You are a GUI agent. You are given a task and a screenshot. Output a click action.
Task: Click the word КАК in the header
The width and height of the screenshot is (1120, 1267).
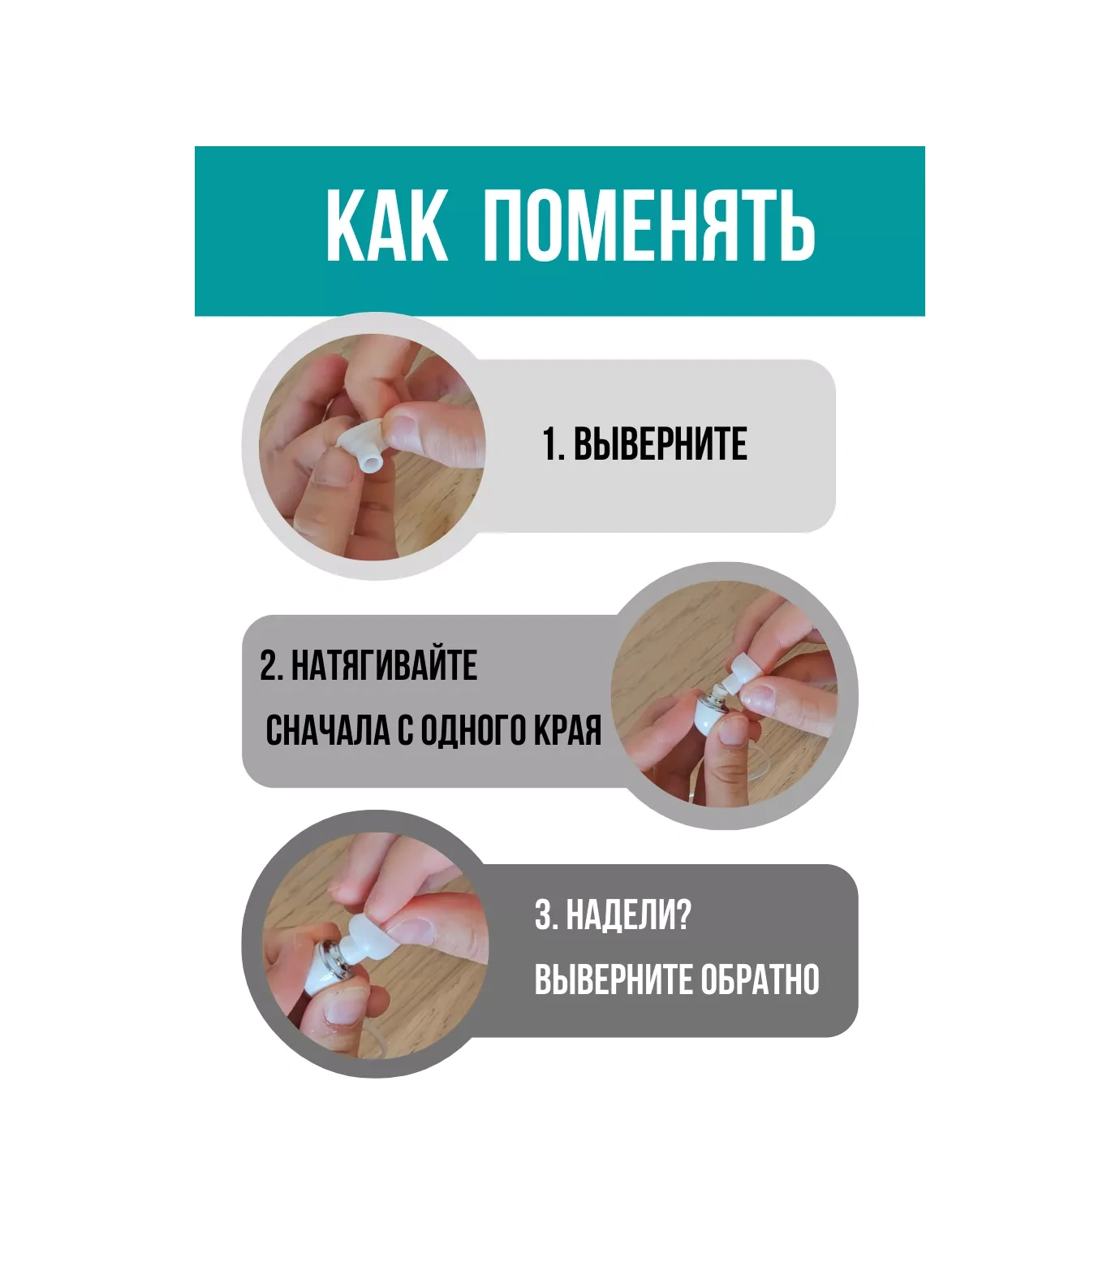[387, 226]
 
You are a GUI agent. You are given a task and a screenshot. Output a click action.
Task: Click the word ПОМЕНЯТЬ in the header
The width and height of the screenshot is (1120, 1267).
[649, 226]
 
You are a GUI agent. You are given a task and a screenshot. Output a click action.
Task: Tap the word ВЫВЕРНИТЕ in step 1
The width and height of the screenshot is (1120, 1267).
[661, 445]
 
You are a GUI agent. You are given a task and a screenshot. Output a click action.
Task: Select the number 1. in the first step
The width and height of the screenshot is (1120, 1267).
[554, 445]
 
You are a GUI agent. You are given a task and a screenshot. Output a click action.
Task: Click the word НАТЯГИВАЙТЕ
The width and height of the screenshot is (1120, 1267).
[384, 665]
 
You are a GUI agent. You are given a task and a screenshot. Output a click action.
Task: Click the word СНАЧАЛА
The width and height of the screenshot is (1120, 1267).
[328, 731]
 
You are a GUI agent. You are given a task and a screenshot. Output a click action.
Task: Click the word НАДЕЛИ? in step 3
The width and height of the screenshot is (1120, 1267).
[628, 915]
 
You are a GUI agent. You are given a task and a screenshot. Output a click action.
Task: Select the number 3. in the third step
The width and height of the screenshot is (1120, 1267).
[546, 915]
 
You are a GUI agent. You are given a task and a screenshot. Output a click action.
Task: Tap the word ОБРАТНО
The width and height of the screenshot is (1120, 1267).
[760, 979]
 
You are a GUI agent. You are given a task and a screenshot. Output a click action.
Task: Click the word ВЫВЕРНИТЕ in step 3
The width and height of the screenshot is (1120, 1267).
[614, 979]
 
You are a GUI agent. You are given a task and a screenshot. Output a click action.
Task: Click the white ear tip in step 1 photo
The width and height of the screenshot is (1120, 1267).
[363, 446]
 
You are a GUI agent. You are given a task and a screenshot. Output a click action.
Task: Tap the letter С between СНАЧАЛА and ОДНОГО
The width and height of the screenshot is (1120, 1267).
[405, 731]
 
